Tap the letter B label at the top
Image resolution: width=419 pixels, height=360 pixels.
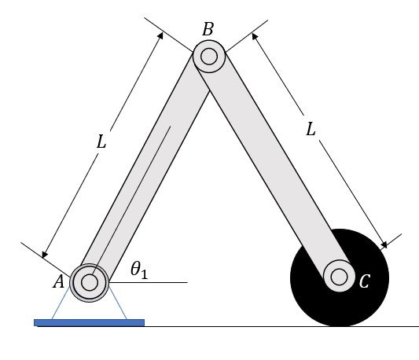(x=208, y=30)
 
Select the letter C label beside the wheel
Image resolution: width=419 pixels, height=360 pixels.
(x=364, y=281)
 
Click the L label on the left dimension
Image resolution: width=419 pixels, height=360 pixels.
(x=101, y=144)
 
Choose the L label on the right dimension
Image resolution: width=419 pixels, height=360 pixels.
(x=311, y=130)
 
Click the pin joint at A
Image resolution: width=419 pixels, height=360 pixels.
(x=89, y=281)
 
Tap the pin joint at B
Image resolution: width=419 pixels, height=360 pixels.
(x=209, y=57)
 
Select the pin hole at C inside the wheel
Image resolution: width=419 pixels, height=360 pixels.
(x=340, y=277)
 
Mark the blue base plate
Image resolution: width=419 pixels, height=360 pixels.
(x=89, y=322)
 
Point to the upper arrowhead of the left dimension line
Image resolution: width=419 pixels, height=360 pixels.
(x=160, y=35)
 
